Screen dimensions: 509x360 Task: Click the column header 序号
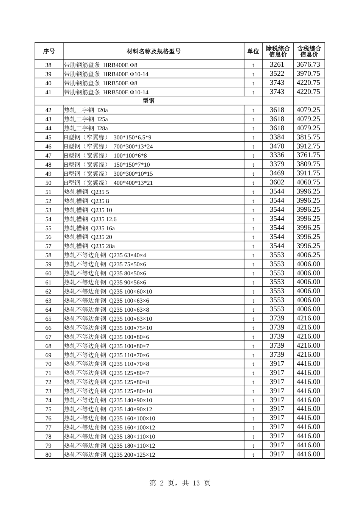click(49, 52)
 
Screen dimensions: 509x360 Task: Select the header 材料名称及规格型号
click(153, 52)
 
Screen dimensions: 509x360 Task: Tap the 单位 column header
click(253, 52)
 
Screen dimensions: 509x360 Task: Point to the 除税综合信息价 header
click(278, 52)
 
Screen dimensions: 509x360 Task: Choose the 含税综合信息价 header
click(309, 52)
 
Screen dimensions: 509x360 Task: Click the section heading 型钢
click(149, 101)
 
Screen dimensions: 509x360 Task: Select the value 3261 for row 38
click(277, 65)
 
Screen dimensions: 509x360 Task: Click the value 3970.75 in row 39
click(308, 74)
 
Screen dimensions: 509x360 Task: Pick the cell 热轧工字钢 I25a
click(86, 119)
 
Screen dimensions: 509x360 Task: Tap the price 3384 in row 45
click(277, 137)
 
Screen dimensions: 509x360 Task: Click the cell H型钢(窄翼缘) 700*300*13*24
click(108, 147)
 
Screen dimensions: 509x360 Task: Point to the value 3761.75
click(308, 155)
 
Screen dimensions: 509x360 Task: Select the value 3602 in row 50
click(277, 183)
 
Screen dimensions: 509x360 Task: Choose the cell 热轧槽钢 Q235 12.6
click(91, 219)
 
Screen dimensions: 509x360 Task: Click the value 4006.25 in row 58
click(308, 255)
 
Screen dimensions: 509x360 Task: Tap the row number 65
click(49, 319)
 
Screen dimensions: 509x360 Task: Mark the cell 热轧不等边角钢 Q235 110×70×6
click(106, 355)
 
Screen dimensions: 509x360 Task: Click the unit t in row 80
click(253, 455)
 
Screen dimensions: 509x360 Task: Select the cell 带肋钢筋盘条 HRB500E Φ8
click(101, 83)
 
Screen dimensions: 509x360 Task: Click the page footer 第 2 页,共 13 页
click(180, 483)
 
